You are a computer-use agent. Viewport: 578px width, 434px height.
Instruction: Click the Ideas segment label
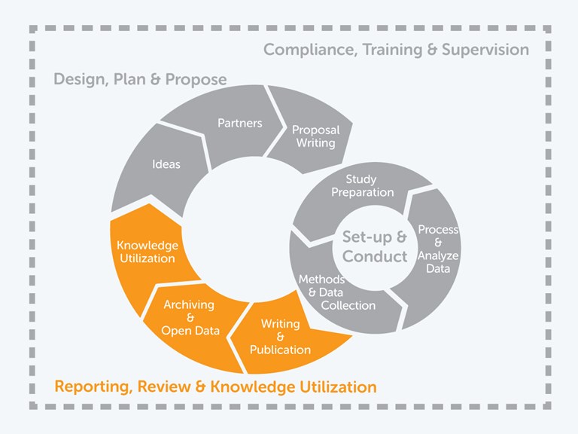pos(166,164)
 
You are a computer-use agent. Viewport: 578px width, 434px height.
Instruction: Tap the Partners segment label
pos(240,123)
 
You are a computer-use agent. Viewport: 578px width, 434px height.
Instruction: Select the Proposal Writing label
pos(316,136)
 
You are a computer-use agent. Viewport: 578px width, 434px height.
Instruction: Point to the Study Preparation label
pos(362,186)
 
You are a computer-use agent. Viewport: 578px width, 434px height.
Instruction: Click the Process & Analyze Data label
pos(438,249)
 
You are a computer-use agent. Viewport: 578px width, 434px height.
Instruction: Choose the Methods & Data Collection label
pos(337,292)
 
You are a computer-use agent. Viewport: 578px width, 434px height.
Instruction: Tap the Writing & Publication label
pos(280,337)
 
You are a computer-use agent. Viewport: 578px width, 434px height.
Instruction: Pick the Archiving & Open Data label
pos(190,317)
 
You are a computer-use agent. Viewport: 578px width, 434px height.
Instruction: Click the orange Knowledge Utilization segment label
pos(148,252)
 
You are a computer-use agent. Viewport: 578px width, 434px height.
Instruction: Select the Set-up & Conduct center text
pos(375,246)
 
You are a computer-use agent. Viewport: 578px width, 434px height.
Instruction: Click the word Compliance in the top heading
pos(310,50)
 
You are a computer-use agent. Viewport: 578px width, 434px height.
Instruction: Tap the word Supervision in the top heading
pos(485,50)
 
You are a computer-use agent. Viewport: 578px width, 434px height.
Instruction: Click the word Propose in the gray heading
pos(196,80)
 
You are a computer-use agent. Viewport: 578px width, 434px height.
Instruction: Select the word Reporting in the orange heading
pos(93,387)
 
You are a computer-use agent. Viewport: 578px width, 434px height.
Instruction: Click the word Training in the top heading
pos(392,50)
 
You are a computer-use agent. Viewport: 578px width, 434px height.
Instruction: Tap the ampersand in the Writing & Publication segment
pos(280,337)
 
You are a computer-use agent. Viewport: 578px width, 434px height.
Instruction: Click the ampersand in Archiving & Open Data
pos(190,317)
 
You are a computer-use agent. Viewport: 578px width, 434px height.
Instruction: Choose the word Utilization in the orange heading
pos(338,387)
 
